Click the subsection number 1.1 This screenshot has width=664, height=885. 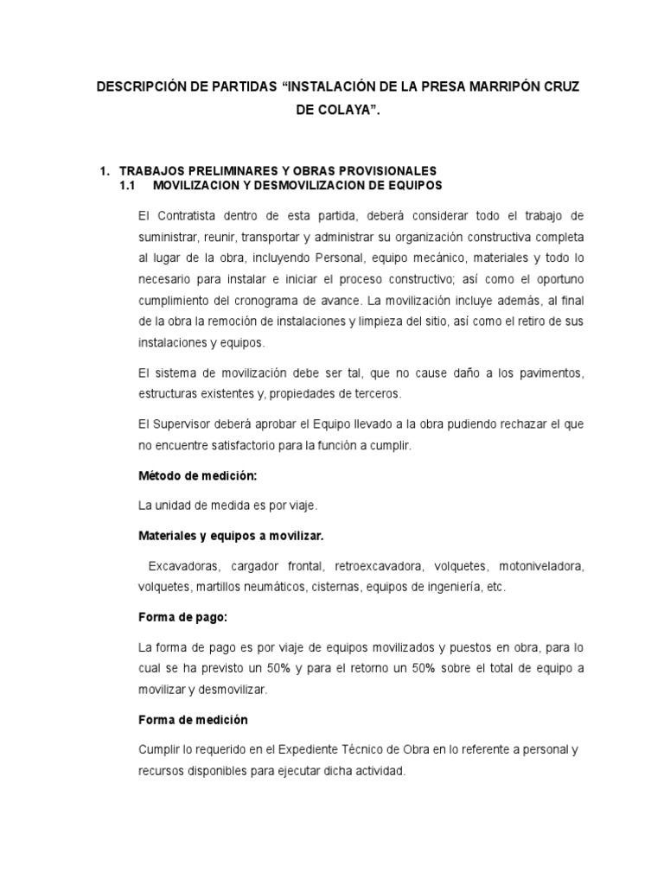coord(128,185)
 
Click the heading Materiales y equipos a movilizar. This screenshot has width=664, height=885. coord(231,536)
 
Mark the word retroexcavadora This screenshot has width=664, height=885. coord(386,567)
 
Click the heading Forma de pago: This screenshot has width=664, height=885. coord(176,618)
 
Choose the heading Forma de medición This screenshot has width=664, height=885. coord(193,720)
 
